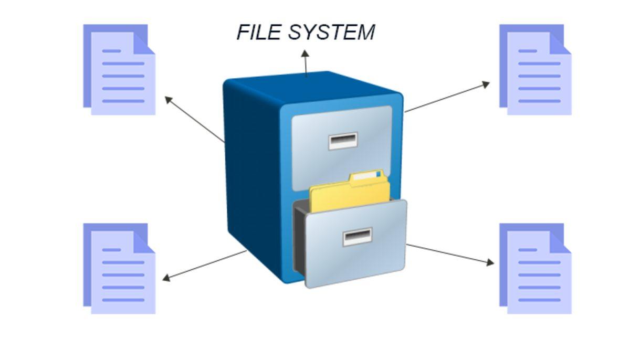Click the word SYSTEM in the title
point(331,32)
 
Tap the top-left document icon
point(120,69)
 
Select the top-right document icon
point(535,69)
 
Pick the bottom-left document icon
point(120,268)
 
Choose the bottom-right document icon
point(535,268)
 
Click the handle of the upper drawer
point(343,141)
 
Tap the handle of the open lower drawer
point(358,237)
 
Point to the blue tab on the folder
point(379,174)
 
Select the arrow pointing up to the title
point(306,63)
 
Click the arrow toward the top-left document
point(194,120)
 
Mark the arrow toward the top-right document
point(447,97)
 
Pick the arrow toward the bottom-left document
point(205,264)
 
